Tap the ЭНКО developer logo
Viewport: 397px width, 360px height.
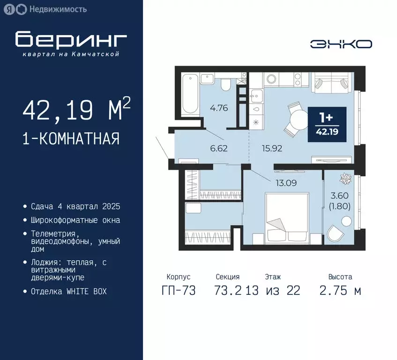click(x=341, y=44)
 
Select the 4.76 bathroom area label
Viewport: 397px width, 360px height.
click(x=219, y=108)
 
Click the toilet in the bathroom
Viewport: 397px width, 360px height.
click(x=225, y=85)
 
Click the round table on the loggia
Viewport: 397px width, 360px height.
click(x=346, y=221)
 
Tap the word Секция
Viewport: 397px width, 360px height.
click(x=227, y=277)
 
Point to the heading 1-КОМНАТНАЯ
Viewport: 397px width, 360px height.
click(x=71, y=139)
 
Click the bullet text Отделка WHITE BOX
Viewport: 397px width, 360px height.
click(x=69, y=291)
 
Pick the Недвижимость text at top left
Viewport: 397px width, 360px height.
click(x=58, y=9)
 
